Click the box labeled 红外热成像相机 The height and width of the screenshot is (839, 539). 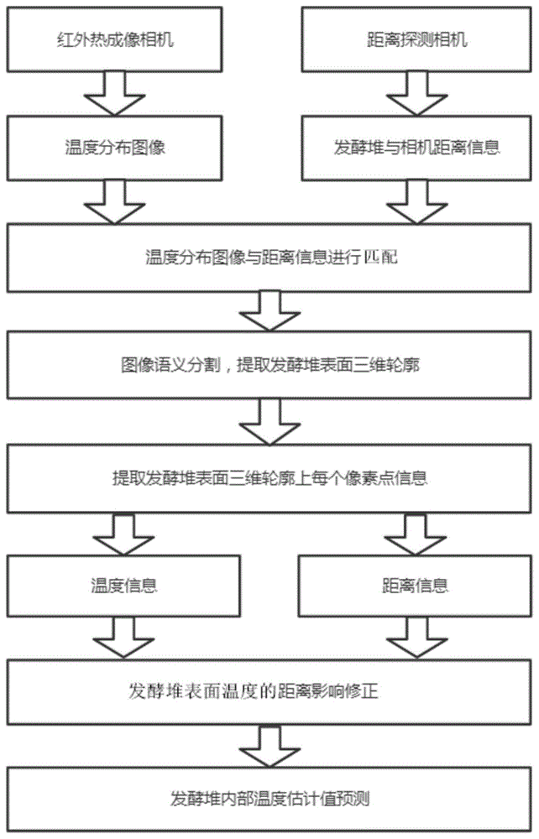pyautogui.click(x=114, y=39)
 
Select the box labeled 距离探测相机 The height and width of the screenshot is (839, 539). pyautogui.click(x=417, y=39)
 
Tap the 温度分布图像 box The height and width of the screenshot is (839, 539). pyautogui.click(x=114, y=148)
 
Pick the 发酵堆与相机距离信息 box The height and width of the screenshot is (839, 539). pyautogui.click(x=417, y=148)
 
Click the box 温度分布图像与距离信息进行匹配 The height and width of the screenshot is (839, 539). pyautogui.click(x=269, y=258)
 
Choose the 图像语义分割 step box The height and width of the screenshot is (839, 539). pyautogui.click(x=269, y=365)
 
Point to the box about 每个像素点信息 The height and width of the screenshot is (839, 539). pyautogui.click(x=269, y=478)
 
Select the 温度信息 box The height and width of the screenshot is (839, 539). pyautogui.click(x=123, y=586)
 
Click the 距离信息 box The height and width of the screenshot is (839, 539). pyautogui.click(x=416, y=586)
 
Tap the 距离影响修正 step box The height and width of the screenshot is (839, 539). pyautogui.click(x=269, y=691)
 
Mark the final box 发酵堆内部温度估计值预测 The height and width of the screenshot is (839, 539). pyautogui.click(x=269, y=799)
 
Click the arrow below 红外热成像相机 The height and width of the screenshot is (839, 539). pyautogui.click(x=114, y=94)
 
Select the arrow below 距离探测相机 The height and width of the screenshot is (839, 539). pyautogui.click(x=417, y=94)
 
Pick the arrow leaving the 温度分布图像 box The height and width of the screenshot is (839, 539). pyautogui.click(x=114, y=202)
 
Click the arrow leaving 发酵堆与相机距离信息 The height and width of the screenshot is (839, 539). pyautogui.click(x=417, y=202)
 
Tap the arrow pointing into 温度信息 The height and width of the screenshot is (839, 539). pyautogui.click(x=123, y=534)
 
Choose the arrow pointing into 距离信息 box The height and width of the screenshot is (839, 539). pyautogui.click(x=416, y=534)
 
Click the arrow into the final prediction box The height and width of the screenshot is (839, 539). pyautogui.click(x=269, y=747)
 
